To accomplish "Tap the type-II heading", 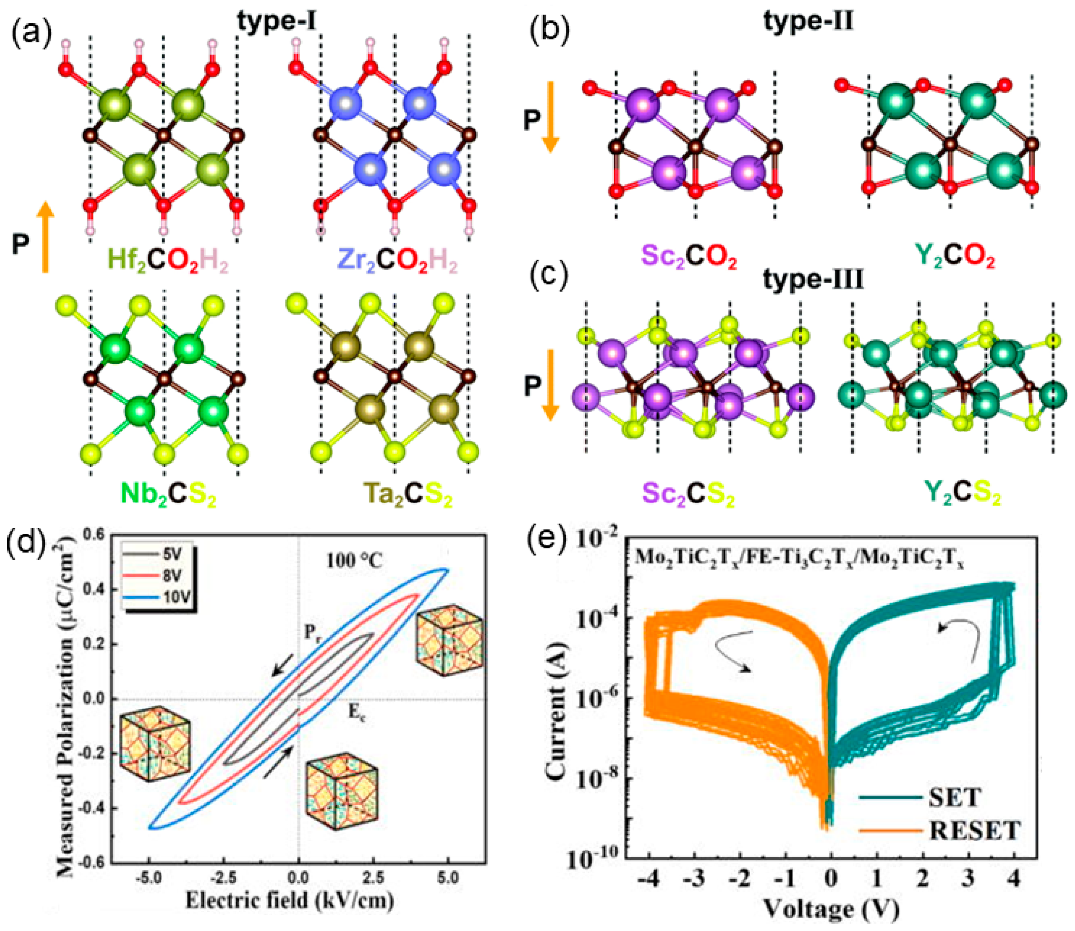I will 808,22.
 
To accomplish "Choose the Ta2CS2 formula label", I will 408,494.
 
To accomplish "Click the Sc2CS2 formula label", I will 689,494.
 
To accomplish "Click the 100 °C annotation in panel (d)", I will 355,561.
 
